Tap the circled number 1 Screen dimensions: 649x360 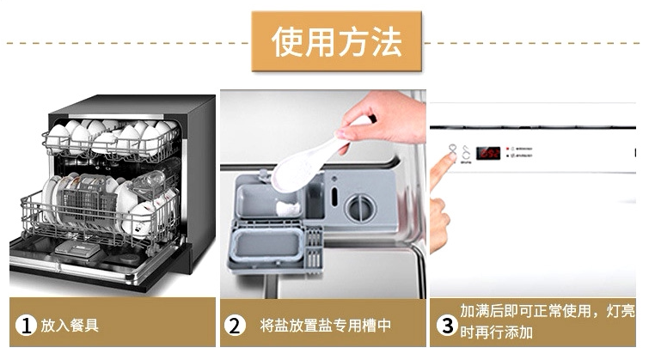coord(27,326)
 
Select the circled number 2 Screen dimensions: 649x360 coord(235,326)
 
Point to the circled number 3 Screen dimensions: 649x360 coord(446,326)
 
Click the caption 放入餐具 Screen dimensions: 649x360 coord(71,326)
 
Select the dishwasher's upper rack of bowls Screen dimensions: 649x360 coord(112,140)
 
